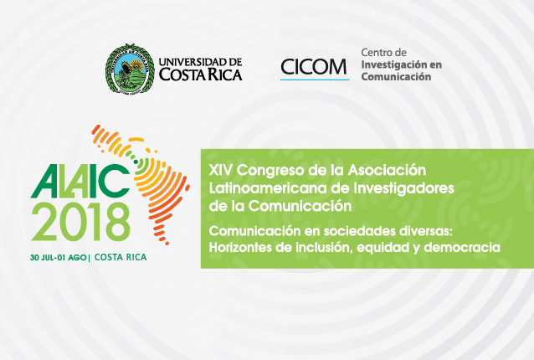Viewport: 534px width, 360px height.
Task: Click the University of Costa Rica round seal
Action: tap(130, 69)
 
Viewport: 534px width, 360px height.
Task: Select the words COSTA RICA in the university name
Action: tap(201, 75)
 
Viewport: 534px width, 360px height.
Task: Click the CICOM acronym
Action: tap(313, 67)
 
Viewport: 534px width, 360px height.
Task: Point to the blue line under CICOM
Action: tap(315, 80)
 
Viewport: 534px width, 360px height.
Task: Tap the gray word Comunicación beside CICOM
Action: tap(396, 77)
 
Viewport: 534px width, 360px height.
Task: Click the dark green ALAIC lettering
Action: tap(80, 181)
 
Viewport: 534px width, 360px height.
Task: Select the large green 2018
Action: tap(80, 222)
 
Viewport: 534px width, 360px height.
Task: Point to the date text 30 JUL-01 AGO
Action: tap(59, 258)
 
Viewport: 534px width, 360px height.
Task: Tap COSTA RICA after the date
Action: tap(121, 257)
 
